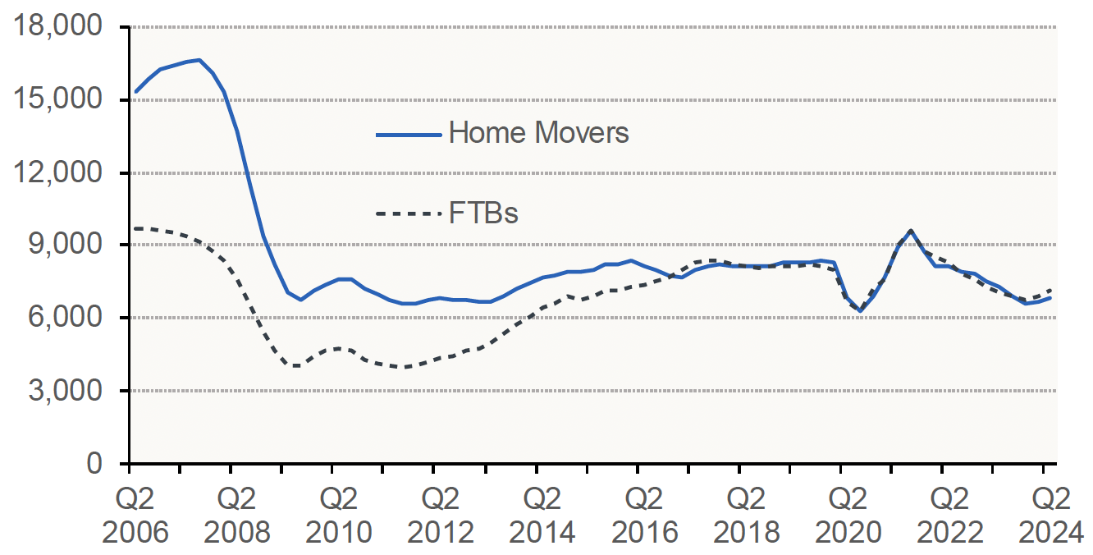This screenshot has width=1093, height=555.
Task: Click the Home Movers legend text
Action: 538,133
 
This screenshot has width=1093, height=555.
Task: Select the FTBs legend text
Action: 483,213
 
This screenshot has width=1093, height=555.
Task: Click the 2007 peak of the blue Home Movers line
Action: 199,60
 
